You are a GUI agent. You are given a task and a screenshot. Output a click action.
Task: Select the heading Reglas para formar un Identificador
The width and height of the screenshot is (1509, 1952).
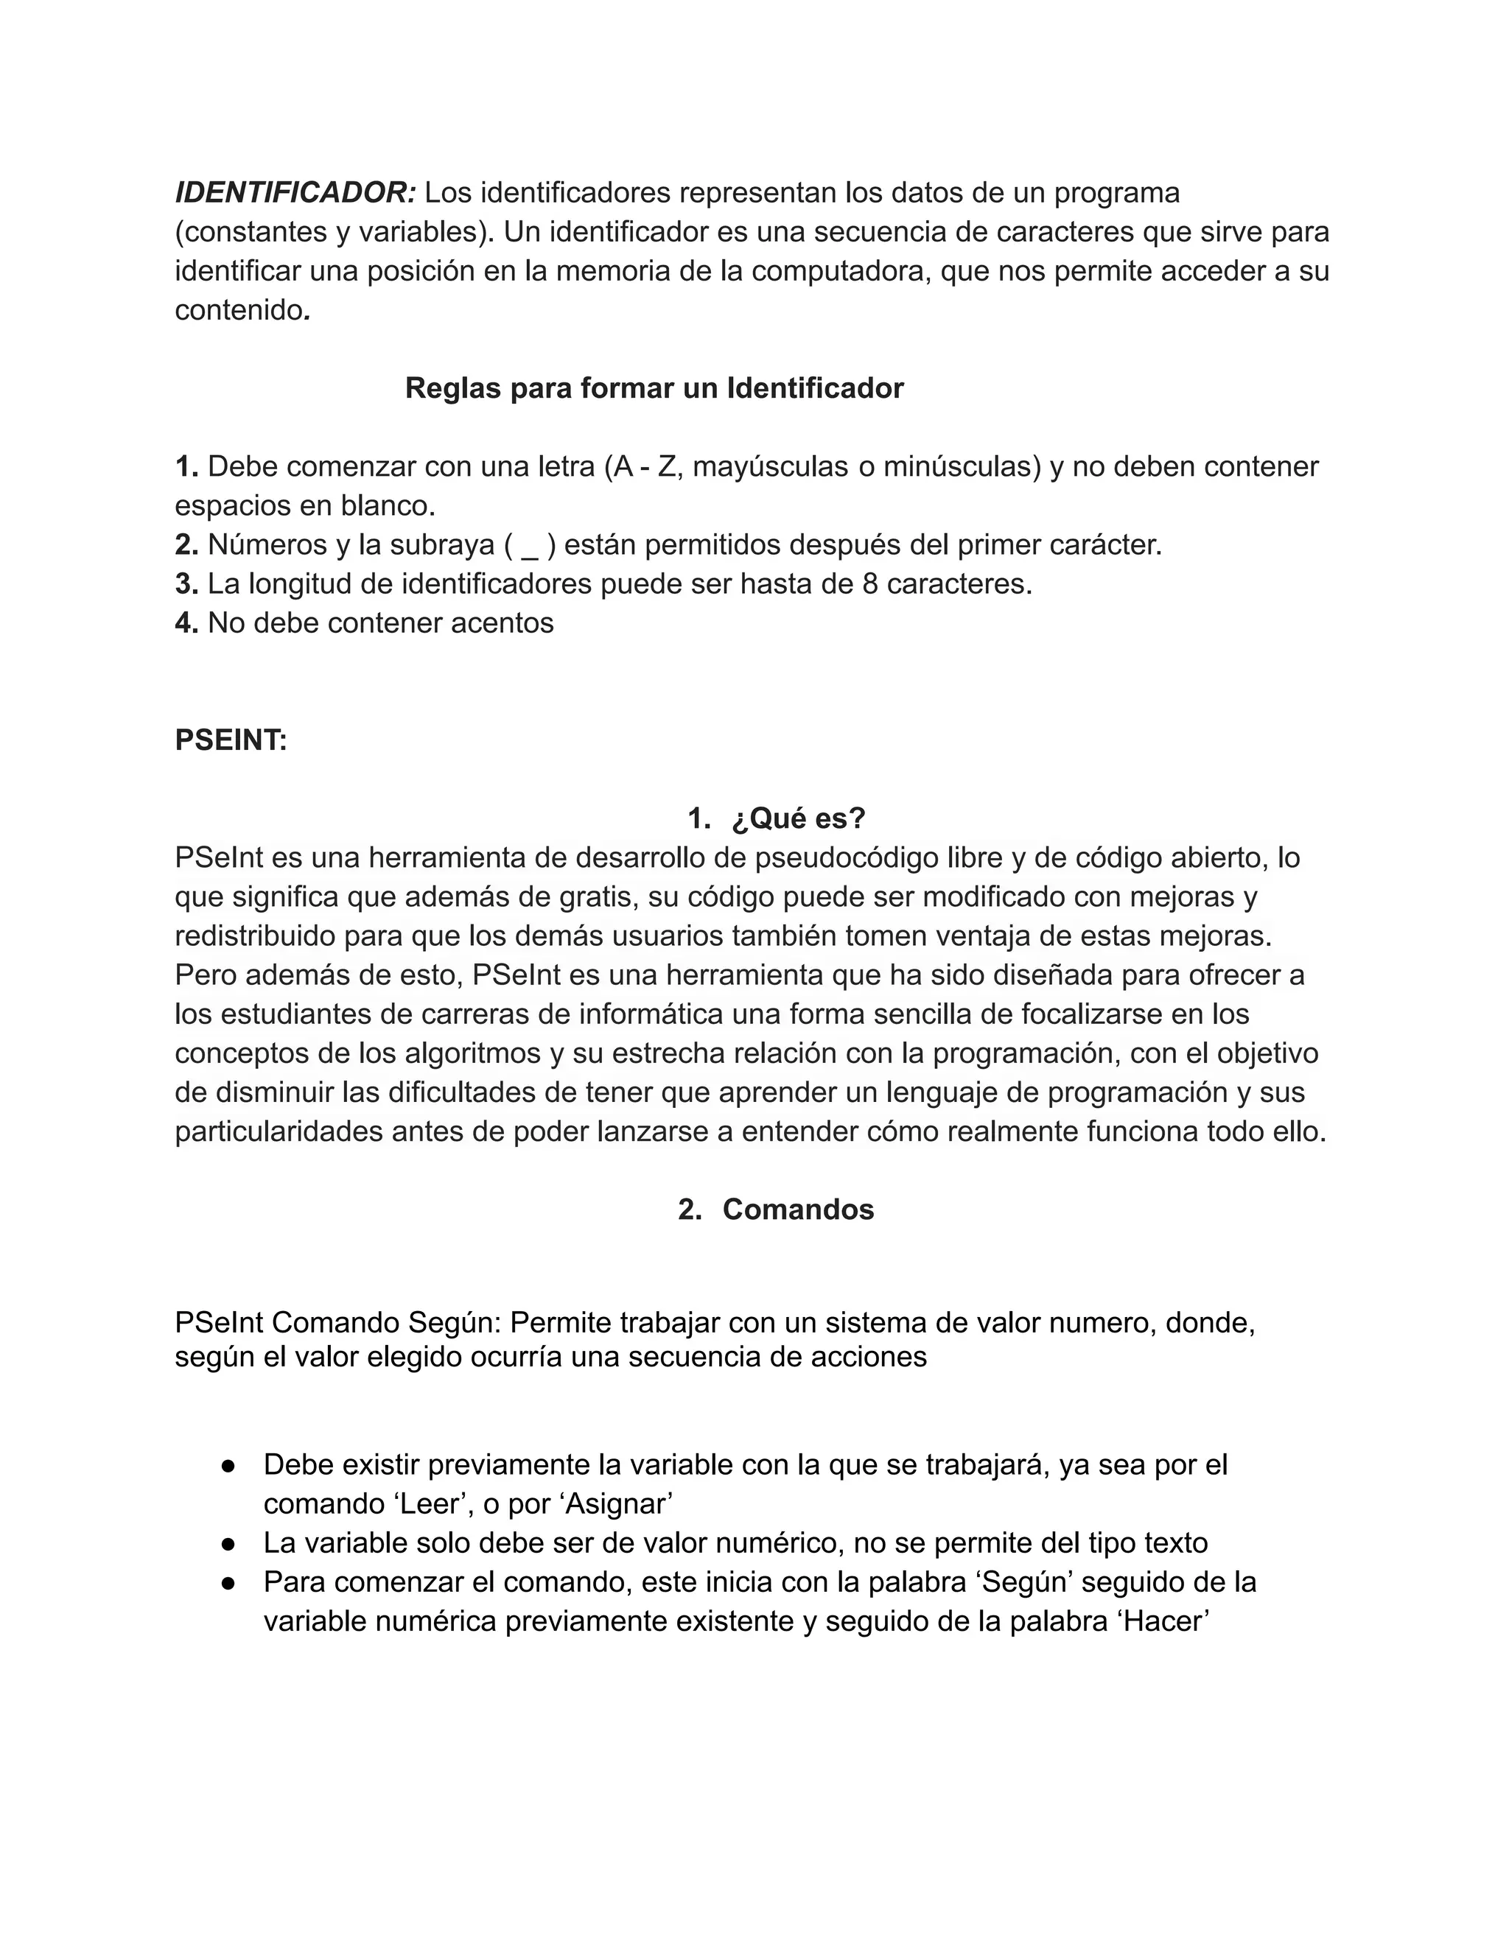[654, 388]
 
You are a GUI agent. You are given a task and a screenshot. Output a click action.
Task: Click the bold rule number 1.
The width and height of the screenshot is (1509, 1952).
[186, 466]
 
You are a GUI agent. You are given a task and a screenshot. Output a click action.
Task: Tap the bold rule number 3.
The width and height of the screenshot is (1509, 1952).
[186, 583]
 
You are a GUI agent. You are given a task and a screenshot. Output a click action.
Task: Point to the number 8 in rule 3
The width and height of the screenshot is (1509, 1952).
[870, 583]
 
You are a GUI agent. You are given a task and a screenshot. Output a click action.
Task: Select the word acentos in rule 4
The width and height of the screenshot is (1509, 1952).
[503, 623]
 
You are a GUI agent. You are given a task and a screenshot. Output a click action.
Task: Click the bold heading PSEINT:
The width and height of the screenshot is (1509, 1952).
[231, 740]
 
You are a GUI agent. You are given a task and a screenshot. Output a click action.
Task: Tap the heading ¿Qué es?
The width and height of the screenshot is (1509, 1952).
[798, 818]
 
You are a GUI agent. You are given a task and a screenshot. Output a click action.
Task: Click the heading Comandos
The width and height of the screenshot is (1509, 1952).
[798, 1210]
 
